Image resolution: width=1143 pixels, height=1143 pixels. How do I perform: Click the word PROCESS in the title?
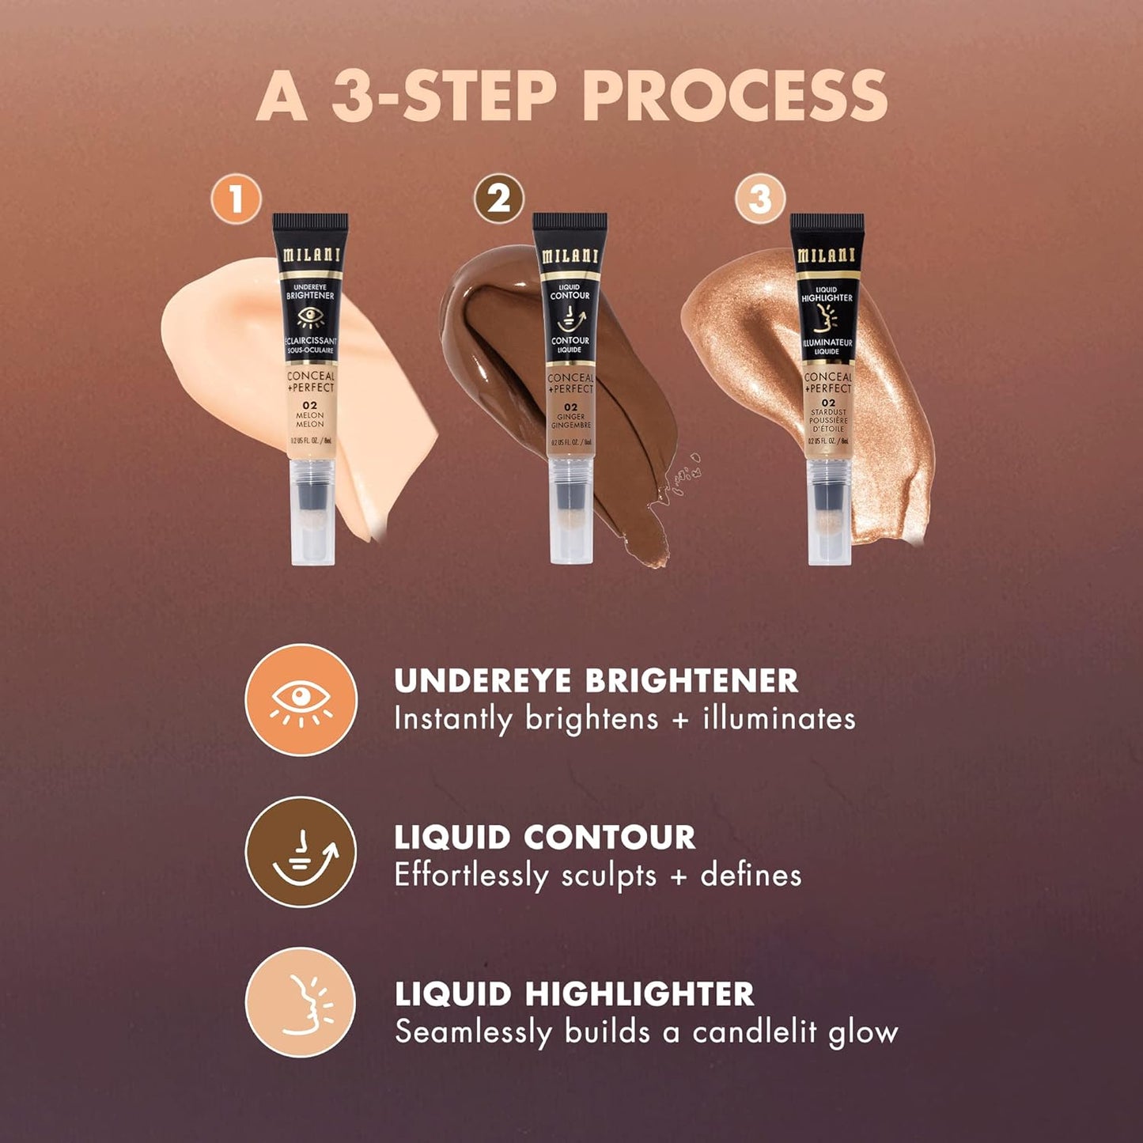[x=735, y=97]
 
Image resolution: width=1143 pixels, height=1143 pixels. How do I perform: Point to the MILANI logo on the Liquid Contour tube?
[x=570, y=256]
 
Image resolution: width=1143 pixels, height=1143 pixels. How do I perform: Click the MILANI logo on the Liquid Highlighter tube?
[x=827, y=255]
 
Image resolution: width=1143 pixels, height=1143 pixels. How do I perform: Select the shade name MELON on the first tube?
[x=310, y=415]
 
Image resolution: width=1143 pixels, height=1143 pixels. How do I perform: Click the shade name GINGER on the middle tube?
[x=570, y=417]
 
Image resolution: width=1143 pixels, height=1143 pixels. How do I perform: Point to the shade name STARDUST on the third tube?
[x=827, y=412]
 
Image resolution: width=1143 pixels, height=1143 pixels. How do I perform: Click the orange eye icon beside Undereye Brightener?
[x=301, y=700]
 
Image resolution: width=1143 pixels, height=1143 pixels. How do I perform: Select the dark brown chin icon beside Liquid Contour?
[x=301, y=852]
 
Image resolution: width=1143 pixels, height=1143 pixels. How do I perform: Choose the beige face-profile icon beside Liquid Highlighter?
[x=301, y=1003]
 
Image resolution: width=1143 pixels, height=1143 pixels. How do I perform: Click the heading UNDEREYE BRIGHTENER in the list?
[x=596, y=681]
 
